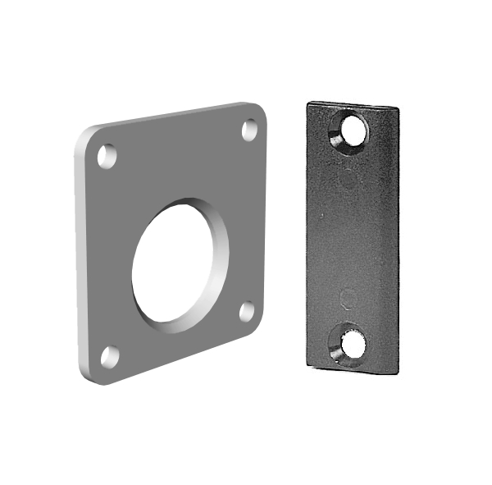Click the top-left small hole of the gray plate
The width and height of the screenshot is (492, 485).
pos(107,155)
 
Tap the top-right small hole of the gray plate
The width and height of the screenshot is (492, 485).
pos(250,129)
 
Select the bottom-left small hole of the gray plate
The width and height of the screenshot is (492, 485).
pos(109,356)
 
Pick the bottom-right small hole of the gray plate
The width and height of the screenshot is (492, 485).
pos(247,311)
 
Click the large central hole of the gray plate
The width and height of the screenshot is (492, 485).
pos(180,264)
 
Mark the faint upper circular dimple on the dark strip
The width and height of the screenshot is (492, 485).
pos(348,180)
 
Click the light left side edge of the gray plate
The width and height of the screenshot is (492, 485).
pos(80,254)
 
